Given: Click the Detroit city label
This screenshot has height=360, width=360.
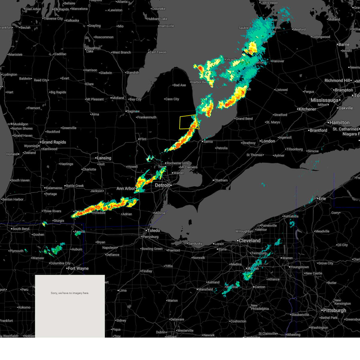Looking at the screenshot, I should click(x=162, y=185).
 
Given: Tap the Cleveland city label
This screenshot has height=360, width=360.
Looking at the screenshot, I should click(x=250, y=241).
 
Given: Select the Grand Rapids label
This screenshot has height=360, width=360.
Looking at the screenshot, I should click(x=54, y=142).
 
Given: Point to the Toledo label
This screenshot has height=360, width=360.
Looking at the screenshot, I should click(x=153, y=230).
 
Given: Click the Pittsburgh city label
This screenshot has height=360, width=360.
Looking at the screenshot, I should click(x=334, y=310).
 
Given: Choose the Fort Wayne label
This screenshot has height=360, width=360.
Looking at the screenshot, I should click(x=78, y=268).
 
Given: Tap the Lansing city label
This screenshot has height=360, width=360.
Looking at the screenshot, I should click(x=104, y=158).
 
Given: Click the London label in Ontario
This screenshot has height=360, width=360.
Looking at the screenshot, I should click(x=268, y=141).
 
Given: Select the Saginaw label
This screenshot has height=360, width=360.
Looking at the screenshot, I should click(x=133, y=111).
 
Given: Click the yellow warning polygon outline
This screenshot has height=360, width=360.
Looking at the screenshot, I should click(x=180, y=122).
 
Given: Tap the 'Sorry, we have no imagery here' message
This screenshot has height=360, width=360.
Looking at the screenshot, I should click(x=70, y=293).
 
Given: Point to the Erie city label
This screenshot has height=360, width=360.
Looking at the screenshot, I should click(x=322, y=199).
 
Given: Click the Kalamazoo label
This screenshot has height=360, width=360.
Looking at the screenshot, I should click(x=54, y=188).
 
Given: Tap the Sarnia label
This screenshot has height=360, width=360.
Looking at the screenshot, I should click(x=208, y=142).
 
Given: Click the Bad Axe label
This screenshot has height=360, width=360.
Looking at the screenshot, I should click(x=180, y=85).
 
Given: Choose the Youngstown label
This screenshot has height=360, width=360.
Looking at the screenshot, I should click(x=299, y=267).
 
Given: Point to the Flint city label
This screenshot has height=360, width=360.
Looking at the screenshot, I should click(x=143, y=139).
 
